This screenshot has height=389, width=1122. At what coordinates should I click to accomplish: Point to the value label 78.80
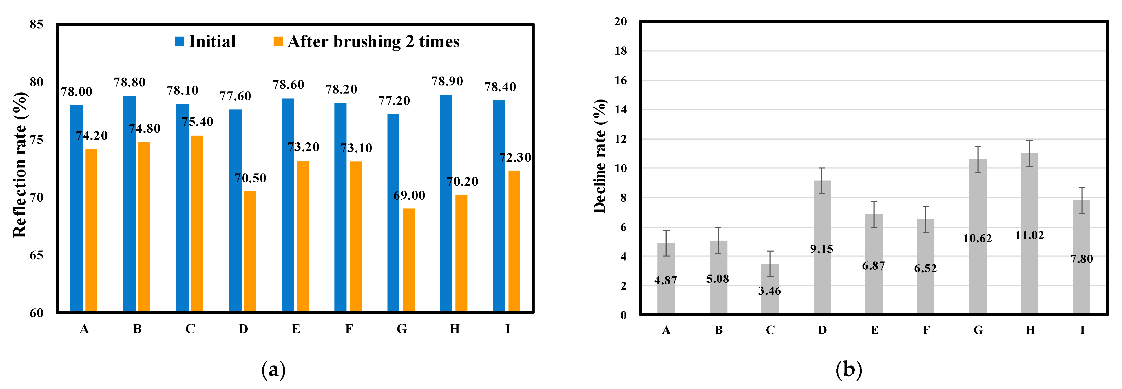pyautogui.click(x=130, y=82)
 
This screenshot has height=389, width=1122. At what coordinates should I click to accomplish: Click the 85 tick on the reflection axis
pyautogui.click(x=37, y=24)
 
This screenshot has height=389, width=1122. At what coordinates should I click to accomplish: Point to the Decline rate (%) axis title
pyautogui.click(x=600, y=156)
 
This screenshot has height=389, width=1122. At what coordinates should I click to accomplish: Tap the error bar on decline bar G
pyautogui.click(x=978, y=159)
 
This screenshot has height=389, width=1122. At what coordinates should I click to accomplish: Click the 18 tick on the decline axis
pyautogui.click(x=621, y=51)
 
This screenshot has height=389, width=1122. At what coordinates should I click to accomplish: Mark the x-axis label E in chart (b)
pyautogui.click(x=874, y=330)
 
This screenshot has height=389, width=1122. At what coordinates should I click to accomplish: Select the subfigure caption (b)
pyautogui.click(x=848, y=370)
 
